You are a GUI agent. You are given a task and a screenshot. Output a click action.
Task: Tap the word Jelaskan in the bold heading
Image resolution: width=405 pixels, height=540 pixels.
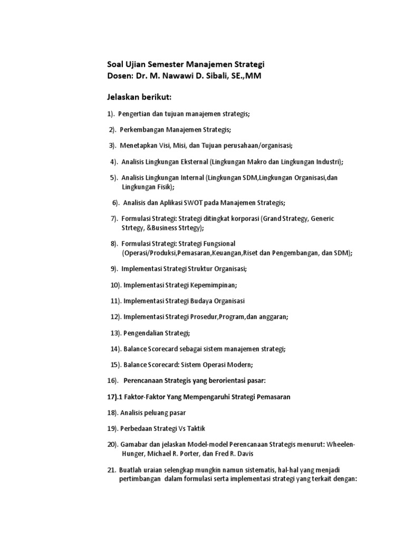[x=124, y=98]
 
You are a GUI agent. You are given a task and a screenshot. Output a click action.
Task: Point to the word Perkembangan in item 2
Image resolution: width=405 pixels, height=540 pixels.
[x=141, y=130]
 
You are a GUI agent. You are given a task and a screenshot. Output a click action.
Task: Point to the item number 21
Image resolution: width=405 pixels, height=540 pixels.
[x=111, y=470]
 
